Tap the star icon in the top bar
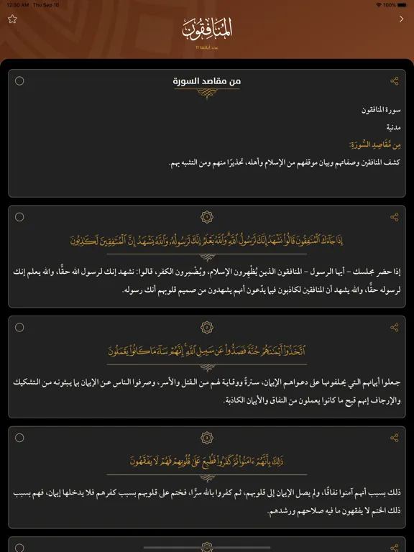click(11, 19)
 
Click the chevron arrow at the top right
click(401, 19)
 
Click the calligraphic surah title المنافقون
click(207, 29)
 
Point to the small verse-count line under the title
click(207, 47)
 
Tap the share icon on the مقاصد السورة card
click(394, 81)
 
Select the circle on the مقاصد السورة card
click(19, 80)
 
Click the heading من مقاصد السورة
click(207, 81)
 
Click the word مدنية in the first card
click(393, 127)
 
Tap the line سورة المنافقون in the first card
click(382, 110)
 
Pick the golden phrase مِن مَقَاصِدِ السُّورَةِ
click(379, 144)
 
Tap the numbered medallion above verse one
click(207, 217)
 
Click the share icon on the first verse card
click(394, 217)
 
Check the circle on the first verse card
click(19, 217)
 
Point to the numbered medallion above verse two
click(207, 328)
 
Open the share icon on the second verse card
click(394, 328)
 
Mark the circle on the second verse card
click(19, 328)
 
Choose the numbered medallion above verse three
click(207, 438)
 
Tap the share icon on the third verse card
click(394, 438)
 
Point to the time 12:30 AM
click(17, 4)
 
